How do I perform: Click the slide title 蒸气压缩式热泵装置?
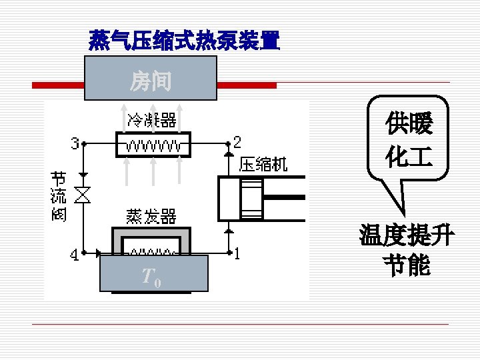click(184, 42)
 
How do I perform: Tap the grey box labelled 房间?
click(151, 80)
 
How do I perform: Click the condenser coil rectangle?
click(153, 145)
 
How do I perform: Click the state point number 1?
click(237, 254)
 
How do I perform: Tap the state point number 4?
click(75, 255)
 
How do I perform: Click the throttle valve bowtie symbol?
click(83, 195)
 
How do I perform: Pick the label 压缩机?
click(263, 164)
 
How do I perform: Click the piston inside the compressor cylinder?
click(252, 197)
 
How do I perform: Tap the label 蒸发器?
click(152, 217)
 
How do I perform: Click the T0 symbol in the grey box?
click(151, 277)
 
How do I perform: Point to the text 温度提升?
click(407, 235)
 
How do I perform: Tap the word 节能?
click(407, 265)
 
